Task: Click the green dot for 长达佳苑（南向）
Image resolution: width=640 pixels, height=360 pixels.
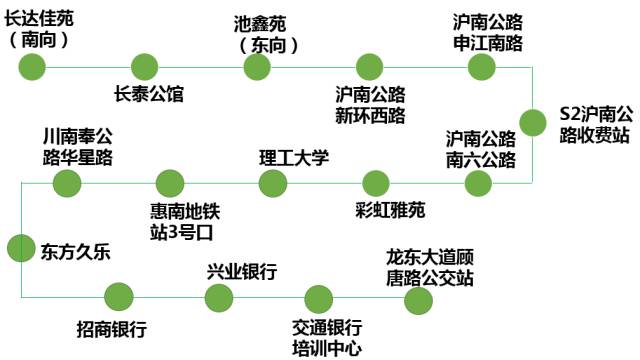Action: (32, 67)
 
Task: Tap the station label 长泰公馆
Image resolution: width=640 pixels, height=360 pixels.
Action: (150, 95)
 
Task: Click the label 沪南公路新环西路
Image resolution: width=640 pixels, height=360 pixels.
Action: (370, 104)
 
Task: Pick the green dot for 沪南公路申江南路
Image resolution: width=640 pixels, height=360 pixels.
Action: (482, 67)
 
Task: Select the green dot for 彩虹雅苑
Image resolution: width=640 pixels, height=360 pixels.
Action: (376, 183)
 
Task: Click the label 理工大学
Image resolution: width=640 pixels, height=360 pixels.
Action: (294, 157)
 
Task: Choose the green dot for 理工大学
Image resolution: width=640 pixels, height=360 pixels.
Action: (272, 183)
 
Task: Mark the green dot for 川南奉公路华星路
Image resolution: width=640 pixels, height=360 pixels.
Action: (66, 183)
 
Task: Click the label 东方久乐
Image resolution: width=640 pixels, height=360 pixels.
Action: (75, 252)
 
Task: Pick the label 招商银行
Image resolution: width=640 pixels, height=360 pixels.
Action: (112, 328)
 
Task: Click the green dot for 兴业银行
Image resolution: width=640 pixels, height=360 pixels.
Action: (218, 297)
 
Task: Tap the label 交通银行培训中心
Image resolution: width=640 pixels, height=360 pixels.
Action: (326, 338)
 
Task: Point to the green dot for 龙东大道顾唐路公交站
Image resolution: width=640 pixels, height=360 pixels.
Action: (419, 298)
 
